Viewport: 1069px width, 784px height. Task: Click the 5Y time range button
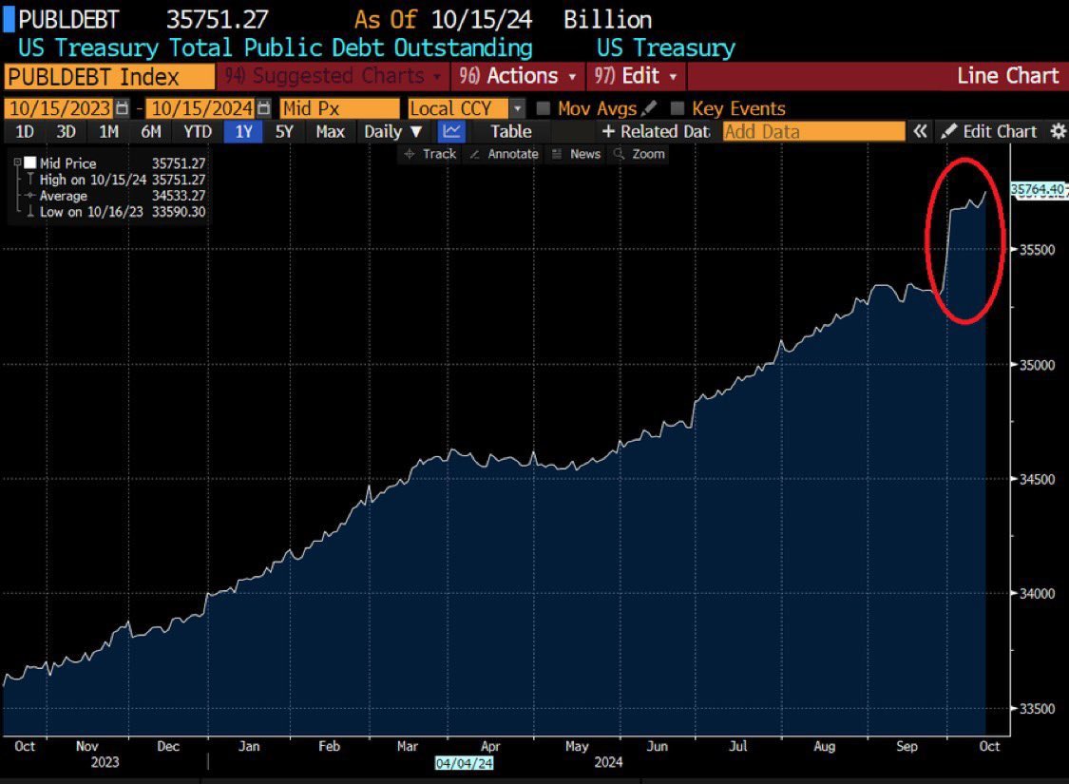284,132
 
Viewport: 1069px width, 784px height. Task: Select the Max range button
330,132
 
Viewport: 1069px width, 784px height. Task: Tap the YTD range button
198,132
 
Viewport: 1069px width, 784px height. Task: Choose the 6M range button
151,132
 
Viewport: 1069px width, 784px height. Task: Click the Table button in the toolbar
511,132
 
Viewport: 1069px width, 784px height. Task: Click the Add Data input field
813,132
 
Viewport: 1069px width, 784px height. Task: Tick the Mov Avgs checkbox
543,109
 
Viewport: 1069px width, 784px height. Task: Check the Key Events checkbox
678,109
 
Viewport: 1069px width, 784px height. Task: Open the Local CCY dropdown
466,109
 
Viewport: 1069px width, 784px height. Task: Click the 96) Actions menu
519,76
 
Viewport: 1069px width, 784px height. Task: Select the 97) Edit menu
636,76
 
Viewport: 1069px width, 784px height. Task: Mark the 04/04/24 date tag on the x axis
464,762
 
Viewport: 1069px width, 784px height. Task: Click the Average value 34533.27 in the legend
179,196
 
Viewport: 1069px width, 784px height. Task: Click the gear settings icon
1058,132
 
